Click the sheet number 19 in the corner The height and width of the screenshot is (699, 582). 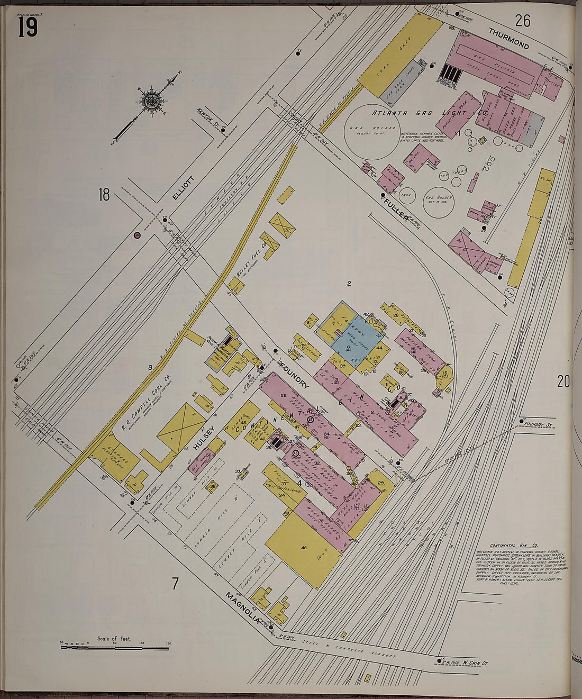tap(28, 27)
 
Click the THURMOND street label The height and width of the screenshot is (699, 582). tap(508, 38)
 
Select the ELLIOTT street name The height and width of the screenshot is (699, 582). tap(184, 187)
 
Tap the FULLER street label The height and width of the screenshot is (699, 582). tap(398, 210)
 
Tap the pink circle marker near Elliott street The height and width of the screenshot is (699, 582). tap(138, 235)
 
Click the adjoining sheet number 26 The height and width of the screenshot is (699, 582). tap(523, 21)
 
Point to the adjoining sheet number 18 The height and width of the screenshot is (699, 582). tap(104, 195)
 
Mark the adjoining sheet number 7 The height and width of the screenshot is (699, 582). tap(175, 584)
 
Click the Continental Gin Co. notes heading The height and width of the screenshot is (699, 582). tap(514, 546)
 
